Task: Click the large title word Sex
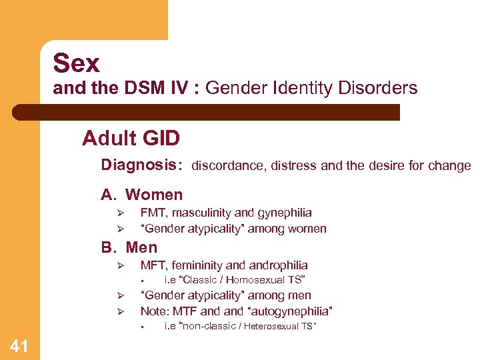(76, 64)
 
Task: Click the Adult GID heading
(131, 139)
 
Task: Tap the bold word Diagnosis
(140, 165)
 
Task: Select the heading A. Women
(141, 195)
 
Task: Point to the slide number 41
(19, 345)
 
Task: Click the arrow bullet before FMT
(121, 213)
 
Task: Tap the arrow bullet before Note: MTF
(121, 312)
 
